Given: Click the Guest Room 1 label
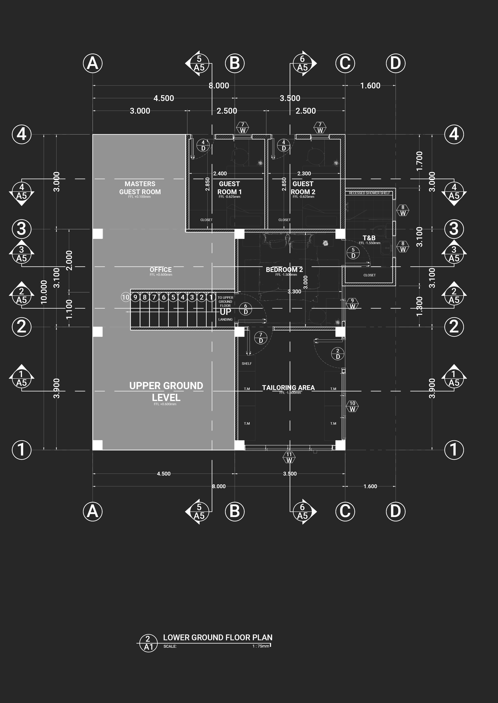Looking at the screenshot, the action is point(229,188).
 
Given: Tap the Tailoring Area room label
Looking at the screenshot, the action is point(288,388).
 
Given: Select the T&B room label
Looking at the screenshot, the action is point(369,238).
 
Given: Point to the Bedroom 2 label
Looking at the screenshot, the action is point(284,270).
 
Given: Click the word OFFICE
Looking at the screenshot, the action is point(161,270).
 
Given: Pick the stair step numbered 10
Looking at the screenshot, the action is point(125,297).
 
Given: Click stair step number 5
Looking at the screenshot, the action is point(173,297).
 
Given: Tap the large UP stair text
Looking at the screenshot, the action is point(225,312).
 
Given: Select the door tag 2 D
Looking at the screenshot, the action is point(338,354).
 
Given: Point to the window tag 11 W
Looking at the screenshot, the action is point(289,458).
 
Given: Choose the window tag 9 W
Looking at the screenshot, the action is point(352,304).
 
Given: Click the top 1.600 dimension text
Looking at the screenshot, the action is point(370,86).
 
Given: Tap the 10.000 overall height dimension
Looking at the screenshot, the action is point(44,292).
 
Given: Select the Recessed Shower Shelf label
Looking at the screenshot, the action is point(370,193).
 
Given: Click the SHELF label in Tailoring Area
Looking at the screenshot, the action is point(246,364).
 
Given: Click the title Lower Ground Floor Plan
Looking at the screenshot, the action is point(218,637).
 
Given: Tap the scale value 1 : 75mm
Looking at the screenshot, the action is point(261,646).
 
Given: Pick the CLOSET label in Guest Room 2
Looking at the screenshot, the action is point(285,220).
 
